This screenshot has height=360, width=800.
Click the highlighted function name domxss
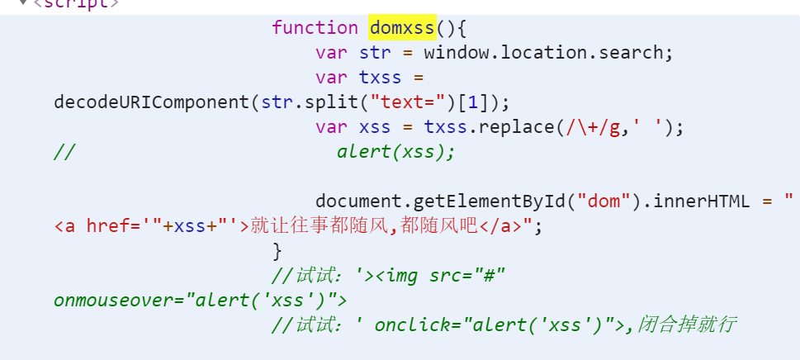[x=403, y=27]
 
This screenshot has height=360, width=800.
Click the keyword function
[x=315, y=27]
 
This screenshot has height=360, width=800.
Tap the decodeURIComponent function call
[x=152, y=102]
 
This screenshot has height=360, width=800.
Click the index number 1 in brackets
[x=473, y=102]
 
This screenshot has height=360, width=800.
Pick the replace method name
[x=516, y=127]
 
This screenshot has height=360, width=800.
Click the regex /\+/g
[x=593, y=127]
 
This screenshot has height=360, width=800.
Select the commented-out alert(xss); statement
[x=395, y=152]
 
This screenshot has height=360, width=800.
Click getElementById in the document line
[x=488, y=202]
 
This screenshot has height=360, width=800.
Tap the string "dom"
[x=604, y=202]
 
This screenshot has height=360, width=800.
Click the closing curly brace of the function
[x=277, y=251]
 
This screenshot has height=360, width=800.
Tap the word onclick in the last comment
[x=412, y=325]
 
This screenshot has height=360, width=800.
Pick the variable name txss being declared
[x=380, y=78]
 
